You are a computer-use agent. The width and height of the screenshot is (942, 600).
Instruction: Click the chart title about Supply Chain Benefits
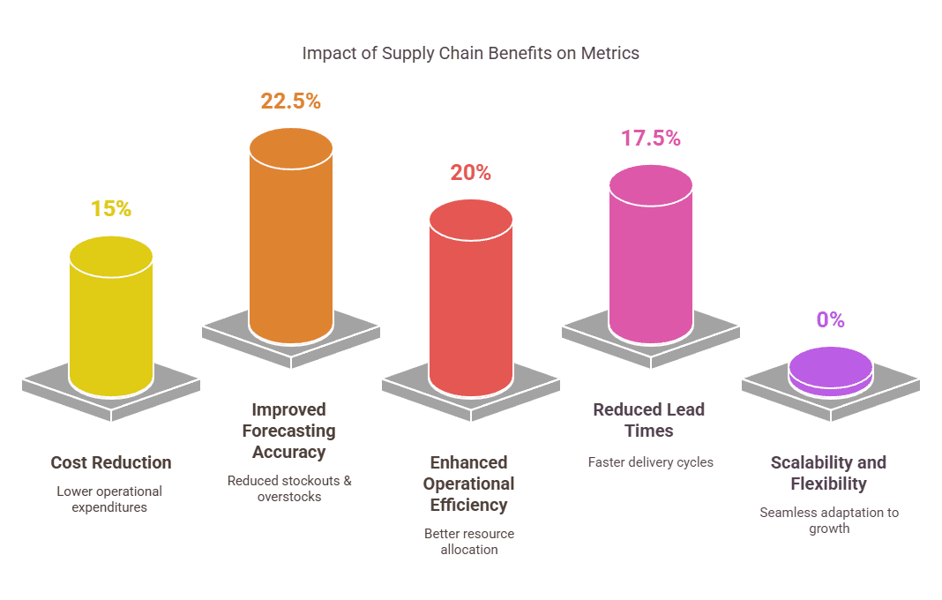point(470,53)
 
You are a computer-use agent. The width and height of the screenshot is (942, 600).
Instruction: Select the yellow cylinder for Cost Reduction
point(111,318)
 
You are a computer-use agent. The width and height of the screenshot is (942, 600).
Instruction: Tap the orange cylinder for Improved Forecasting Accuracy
point(291,238)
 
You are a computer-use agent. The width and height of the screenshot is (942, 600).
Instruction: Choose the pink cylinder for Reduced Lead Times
point(651,256)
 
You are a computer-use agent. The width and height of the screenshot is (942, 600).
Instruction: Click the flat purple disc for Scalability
point(831,370)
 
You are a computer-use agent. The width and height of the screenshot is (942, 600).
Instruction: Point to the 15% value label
point(111,209)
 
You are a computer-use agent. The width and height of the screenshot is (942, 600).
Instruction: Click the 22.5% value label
point(290,101)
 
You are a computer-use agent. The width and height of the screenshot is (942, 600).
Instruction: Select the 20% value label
point(471,173)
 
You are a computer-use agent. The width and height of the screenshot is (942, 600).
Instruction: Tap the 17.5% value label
point(651,138)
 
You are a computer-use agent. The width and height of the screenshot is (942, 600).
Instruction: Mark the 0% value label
point(831,319)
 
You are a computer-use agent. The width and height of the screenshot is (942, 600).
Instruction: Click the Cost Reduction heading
point(111,462)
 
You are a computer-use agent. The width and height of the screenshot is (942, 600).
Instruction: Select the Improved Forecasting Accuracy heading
point(288,431)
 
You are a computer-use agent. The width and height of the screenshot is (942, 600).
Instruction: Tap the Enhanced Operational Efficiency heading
point(468,484)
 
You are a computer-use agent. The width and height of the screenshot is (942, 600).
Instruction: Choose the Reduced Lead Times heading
point(648,420)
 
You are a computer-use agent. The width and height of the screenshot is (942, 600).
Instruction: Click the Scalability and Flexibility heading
point(828,473)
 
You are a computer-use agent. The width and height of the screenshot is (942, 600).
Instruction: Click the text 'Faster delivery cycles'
point(650,461)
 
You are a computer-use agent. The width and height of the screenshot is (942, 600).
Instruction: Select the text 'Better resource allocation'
point(468,542)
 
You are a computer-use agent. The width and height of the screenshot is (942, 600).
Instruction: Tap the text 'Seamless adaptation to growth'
point(829,521)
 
